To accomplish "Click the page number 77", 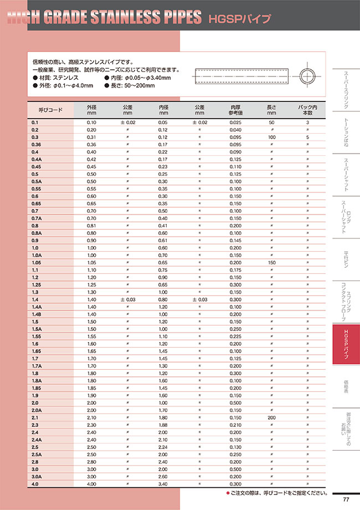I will [x=346, y=499].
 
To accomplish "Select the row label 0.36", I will [x=36, y=144].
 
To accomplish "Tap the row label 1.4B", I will [x=37, y=314].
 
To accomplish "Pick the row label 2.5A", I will [x=37, y=454].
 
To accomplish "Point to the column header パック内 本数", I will [x=307, y=109].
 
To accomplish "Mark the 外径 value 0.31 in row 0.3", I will [x=91, y=136].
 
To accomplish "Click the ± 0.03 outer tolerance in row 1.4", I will [x=128, y=299].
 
